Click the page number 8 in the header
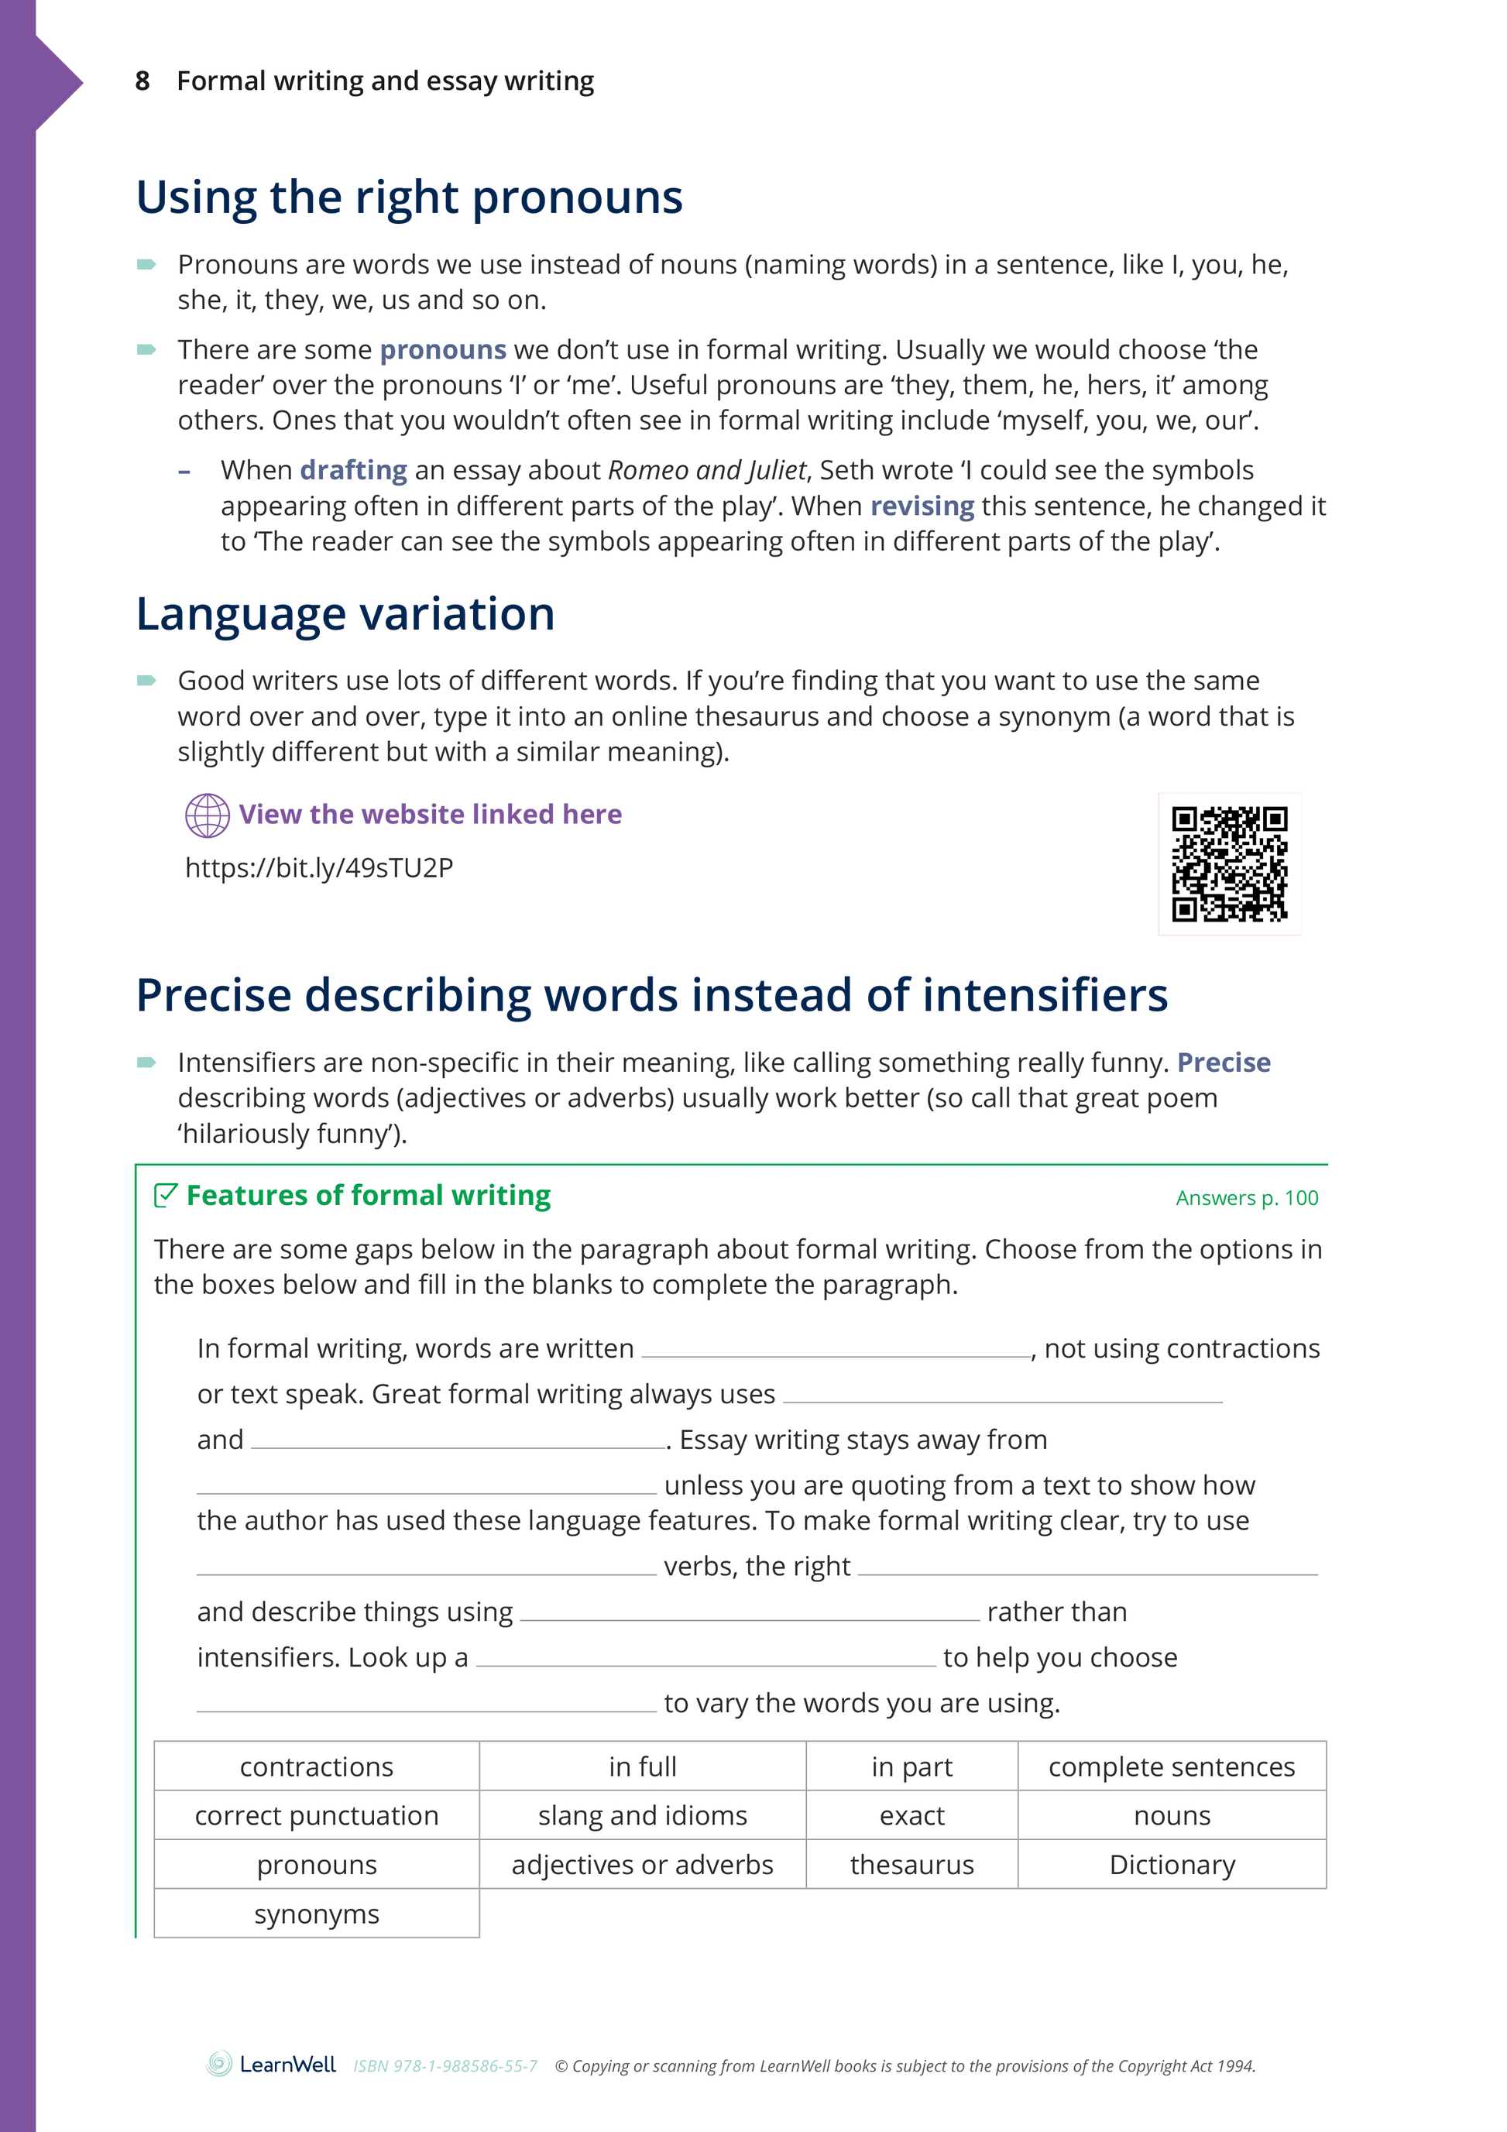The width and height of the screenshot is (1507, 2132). (142, 82)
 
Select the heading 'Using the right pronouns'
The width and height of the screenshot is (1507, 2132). (409, 197)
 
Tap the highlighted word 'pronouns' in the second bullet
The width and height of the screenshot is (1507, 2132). (443, 350)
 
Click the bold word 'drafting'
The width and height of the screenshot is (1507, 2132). (353, 471)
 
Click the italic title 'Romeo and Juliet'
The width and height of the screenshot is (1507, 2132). (706, 471)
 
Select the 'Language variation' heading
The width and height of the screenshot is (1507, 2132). (345, 614)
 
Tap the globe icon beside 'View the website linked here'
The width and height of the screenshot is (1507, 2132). (207, 815)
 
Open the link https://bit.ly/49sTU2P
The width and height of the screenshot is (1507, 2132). (318, 867)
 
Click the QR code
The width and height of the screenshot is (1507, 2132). (1228, 863)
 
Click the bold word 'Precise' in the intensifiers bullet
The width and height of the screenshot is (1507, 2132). (1223, 1063)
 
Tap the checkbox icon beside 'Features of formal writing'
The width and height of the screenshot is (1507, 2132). (165, 1195)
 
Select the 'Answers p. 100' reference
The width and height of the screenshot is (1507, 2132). (1246, 1198)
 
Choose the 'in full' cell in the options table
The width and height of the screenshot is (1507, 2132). (643, 1766)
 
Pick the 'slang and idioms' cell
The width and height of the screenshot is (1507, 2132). (643, 1815)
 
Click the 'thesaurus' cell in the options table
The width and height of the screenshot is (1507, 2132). (911, 1865)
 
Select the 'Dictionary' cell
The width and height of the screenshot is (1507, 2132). (1172, 1865)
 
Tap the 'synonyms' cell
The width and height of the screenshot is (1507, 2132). (317, 1914)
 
